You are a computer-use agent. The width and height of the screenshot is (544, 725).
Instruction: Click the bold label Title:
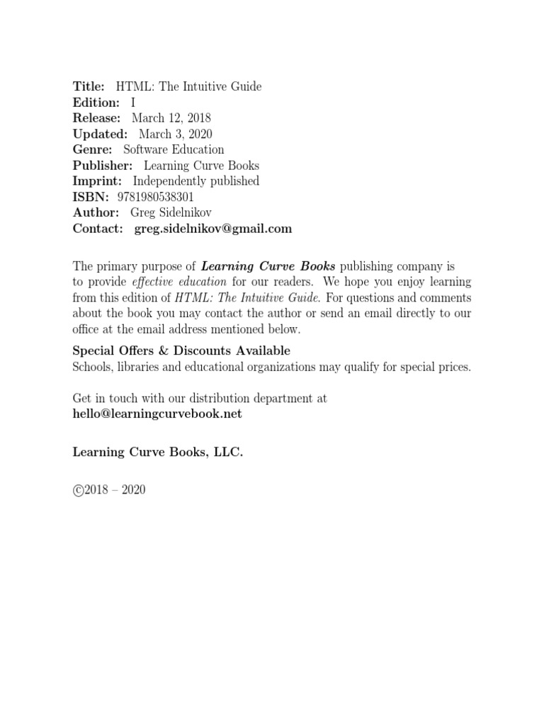(x=89, y=86)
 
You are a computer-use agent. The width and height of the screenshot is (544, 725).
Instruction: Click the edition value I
(x=133, y=103)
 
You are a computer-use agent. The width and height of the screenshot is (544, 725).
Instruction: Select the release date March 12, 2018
(x=171, y=118)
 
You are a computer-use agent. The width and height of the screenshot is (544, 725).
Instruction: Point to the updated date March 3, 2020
(x=175, y=134)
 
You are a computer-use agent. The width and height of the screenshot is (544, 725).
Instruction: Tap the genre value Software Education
(x=174, y=149)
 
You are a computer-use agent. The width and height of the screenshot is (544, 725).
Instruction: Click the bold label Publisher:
(x=103, y=166)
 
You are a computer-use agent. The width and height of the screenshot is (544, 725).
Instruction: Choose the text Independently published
(x=196, y=181)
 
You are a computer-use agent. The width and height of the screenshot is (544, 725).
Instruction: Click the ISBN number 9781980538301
(x=149, y=197)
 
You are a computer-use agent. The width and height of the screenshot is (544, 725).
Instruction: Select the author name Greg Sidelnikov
(x=171, y=212)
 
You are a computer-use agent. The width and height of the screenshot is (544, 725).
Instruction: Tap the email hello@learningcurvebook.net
(x=157, y=414)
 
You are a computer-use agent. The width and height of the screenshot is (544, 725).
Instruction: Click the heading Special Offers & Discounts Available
(x=181, y=351)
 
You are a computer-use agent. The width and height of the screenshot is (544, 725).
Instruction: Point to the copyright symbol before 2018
(x=78, y=490)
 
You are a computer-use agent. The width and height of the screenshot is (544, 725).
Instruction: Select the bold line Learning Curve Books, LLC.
(x=158, y=452)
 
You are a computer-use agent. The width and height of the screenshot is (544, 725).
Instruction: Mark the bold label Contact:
(x=98, y=229)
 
